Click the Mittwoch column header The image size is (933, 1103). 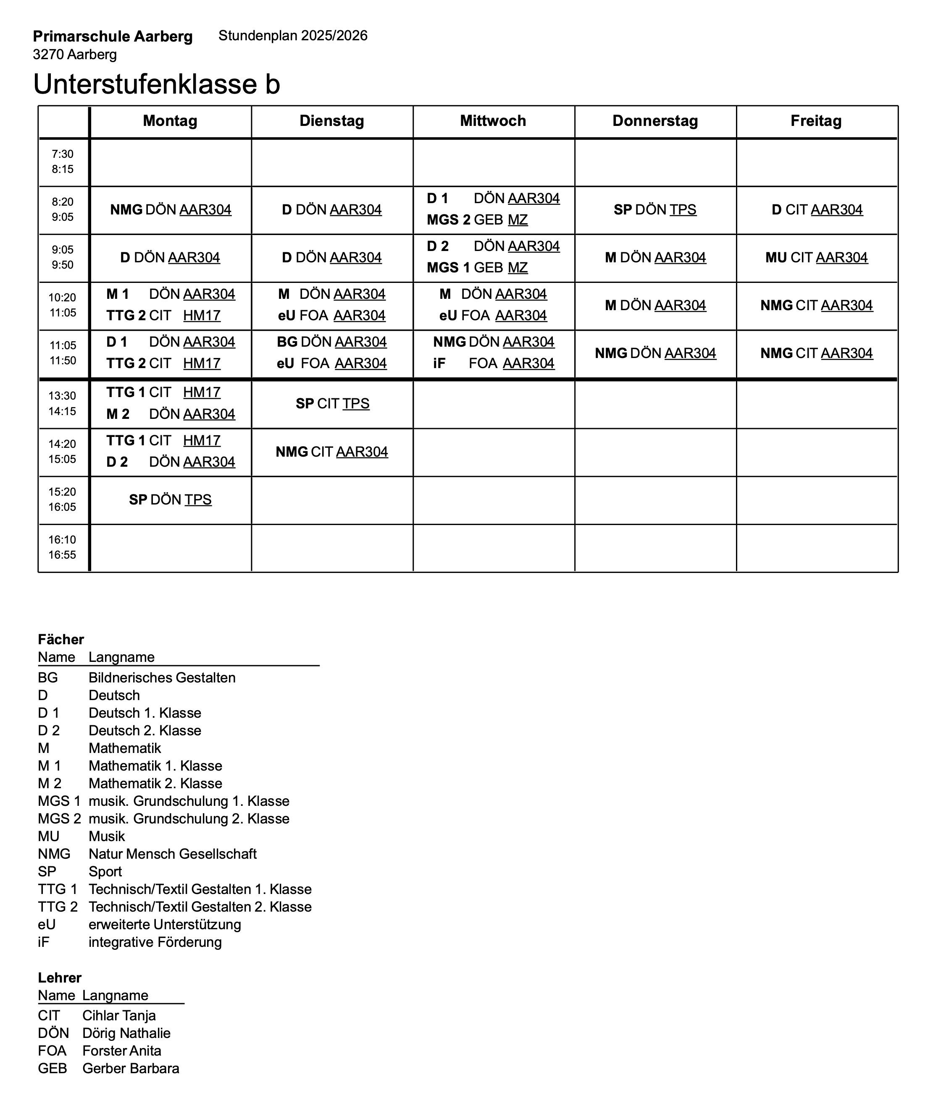pos(493,121)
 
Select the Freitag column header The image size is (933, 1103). pos(816,121)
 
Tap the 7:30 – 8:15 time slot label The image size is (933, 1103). pos(63,162)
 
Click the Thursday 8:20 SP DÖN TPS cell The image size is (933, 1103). pos(655,210)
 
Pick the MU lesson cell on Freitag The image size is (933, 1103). pos(816,258)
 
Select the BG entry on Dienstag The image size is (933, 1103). pos(331,342)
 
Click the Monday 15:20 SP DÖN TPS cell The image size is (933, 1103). pos(170,500)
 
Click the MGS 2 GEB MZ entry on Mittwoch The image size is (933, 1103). pos(477,220)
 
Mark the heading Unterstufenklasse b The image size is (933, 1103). pos(157,84)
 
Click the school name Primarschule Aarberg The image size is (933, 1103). pos(113,37)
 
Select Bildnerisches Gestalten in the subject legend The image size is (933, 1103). pos(162,677)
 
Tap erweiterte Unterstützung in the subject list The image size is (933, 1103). pos(165,924)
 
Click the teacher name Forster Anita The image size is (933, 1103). pos(122,1051)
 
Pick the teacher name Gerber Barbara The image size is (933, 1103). pos(131,1068)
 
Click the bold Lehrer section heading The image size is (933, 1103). pos(60,978)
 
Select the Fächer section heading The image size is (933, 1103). pos(61,640)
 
